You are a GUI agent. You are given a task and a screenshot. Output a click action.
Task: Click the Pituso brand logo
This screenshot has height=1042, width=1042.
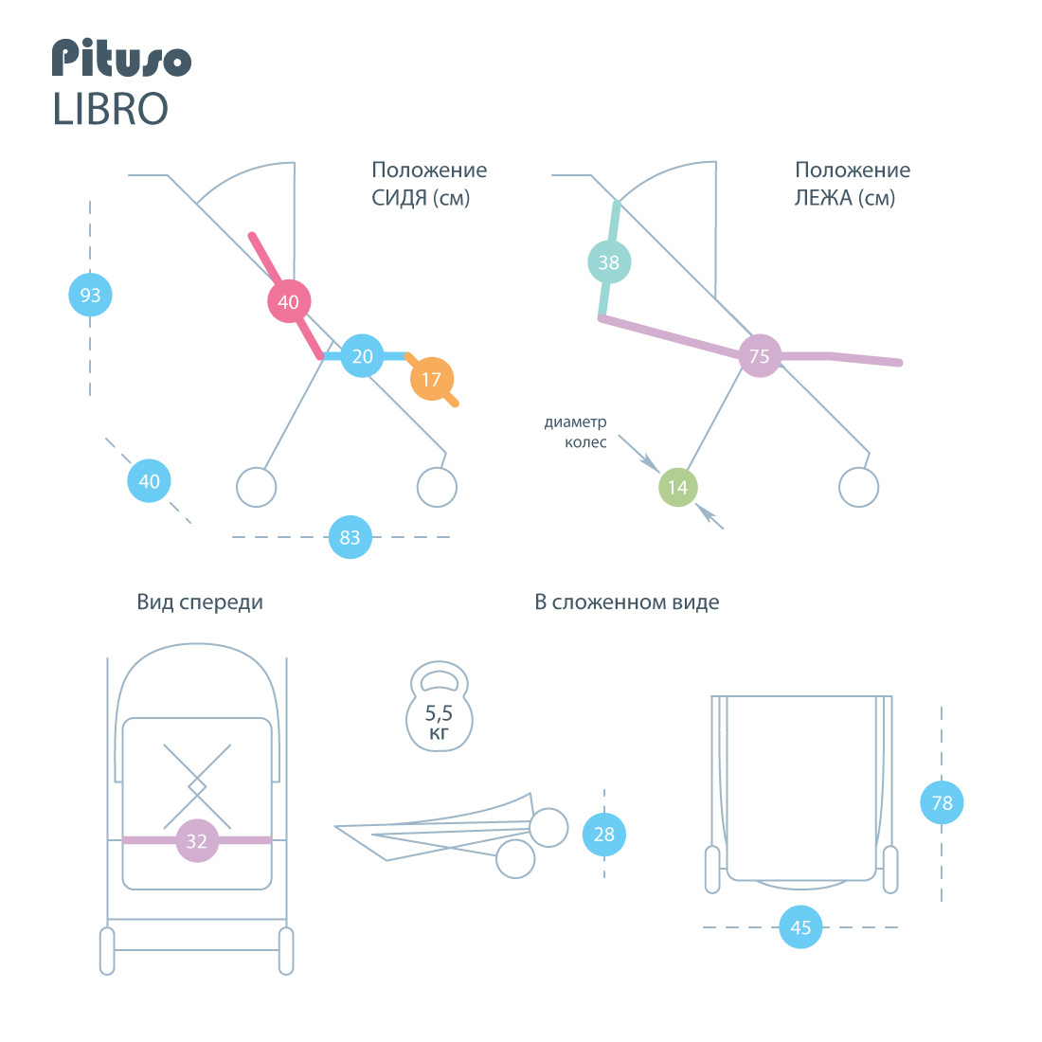(x=121, y=58)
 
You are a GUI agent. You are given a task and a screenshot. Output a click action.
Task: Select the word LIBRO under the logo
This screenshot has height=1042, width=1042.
(x=110, y=109)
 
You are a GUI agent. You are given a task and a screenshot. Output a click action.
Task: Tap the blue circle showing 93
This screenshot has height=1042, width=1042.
(x=90, y=295)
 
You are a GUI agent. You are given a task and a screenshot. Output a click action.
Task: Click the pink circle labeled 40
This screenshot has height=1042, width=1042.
(x=288, y=301)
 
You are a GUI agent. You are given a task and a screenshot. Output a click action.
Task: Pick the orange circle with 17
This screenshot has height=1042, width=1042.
(x=432, y=379)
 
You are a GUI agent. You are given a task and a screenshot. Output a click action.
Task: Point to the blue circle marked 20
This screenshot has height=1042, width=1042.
(x=362, y=356)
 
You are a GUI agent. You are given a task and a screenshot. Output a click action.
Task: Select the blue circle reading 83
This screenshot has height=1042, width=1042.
(x=350, y=537)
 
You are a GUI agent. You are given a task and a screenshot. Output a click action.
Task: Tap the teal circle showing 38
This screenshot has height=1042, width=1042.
(x=609, y=261)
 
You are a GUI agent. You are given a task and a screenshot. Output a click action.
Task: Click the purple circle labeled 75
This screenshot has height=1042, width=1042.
(x=760, y=355)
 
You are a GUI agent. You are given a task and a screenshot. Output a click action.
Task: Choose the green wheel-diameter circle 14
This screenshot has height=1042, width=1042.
(x=678, y=487)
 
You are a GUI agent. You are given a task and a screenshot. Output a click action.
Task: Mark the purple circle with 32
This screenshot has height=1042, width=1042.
(x=197, y=840)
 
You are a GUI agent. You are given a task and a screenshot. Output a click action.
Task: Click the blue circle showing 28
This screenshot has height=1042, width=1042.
(x=604, y=834)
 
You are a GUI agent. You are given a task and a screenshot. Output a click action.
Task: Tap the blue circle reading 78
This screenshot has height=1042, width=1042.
(x=942, y=802)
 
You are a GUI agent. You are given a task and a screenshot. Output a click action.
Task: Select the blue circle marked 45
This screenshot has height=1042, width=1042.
(x=800, y=927)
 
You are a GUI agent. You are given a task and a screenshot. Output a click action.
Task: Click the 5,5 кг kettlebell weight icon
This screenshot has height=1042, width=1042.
(x=440, y=707)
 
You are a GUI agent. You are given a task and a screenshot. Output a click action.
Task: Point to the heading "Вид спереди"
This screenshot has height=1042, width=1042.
(x=200, y=602)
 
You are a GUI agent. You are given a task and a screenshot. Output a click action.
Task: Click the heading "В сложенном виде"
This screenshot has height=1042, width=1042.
(x=627, y=602)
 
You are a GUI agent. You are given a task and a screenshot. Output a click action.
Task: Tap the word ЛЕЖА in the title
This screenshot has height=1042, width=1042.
(x=822, y=198)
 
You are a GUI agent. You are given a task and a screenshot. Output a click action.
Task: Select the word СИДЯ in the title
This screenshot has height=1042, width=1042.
(x=399, y=198)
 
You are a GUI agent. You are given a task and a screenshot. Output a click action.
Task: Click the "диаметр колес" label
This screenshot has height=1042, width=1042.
(x=576, y=432)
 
